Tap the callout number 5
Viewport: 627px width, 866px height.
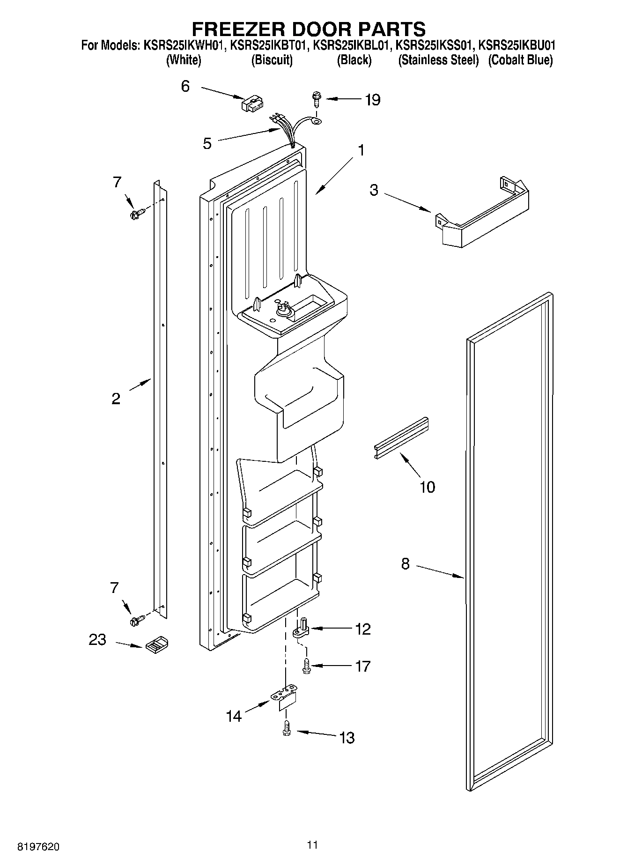[x=207, y=143]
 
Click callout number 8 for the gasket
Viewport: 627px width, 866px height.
[x=405, y=564]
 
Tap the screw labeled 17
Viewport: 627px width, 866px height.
[x=307, y=666]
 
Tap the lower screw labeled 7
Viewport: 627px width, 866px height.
[x=137, y=621]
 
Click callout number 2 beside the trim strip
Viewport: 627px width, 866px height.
[x=116, y=399]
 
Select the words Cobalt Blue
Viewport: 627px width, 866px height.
[x=520, y=60]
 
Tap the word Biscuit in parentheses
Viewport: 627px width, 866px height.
[x=272, y=60]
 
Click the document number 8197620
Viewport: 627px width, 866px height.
[x=38, y=847]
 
